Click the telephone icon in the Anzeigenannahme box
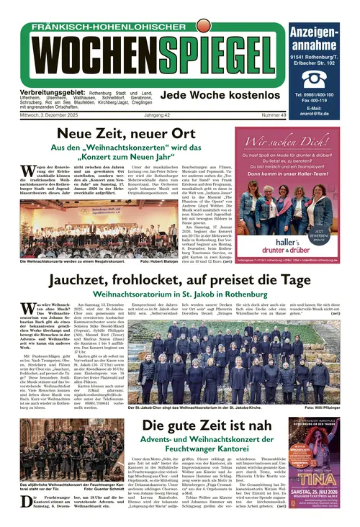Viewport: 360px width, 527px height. (314, 78)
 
